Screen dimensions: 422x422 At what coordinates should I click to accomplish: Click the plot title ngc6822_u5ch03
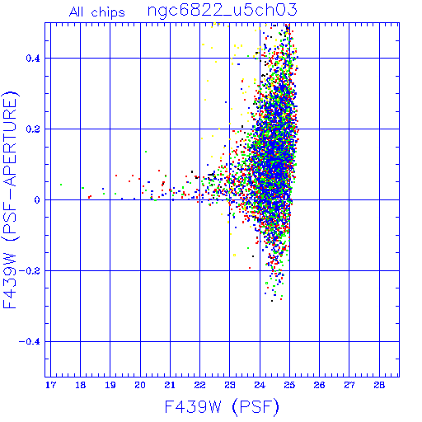223,11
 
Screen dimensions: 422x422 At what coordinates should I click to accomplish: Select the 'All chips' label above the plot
97,12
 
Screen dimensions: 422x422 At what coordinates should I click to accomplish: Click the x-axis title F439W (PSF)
222,407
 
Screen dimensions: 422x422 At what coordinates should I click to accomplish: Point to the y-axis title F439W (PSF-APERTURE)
10,199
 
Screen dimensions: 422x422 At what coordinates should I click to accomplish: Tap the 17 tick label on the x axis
50,385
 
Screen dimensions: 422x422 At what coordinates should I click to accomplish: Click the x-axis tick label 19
110,385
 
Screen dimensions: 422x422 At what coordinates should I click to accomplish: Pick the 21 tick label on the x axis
170,385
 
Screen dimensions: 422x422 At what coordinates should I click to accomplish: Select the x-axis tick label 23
230,385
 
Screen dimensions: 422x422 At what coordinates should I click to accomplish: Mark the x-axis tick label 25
289,385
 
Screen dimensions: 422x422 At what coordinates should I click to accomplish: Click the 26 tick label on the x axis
319,385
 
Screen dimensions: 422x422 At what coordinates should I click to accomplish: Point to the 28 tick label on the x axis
379,385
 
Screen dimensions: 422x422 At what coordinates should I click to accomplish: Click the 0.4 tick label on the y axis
33,59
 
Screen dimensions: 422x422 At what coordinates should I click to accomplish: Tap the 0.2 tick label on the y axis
33,129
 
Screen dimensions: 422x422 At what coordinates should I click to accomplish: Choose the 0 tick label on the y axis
37,200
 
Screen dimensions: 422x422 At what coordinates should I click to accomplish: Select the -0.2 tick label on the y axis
29,271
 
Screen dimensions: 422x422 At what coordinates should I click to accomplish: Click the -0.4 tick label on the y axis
29,342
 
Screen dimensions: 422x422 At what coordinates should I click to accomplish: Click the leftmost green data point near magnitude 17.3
61,185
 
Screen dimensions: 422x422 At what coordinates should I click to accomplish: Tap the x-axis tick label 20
140,385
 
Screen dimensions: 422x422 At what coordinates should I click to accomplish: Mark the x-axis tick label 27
349,385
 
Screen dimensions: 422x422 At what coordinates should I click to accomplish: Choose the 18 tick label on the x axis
81,385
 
